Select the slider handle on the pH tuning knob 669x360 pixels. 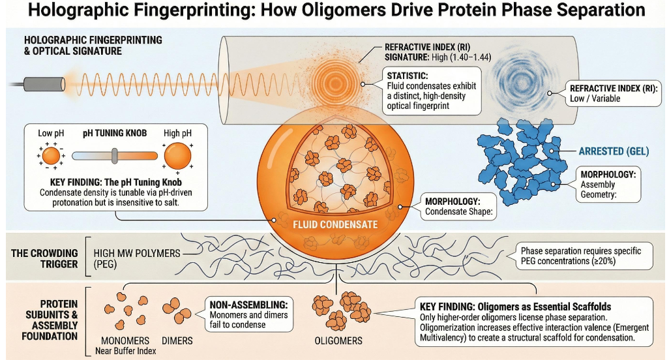[x=115, y=156]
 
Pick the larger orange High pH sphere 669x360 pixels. [x=178, y=156]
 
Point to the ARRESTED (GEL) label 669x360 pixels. [x=614, y=151]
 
